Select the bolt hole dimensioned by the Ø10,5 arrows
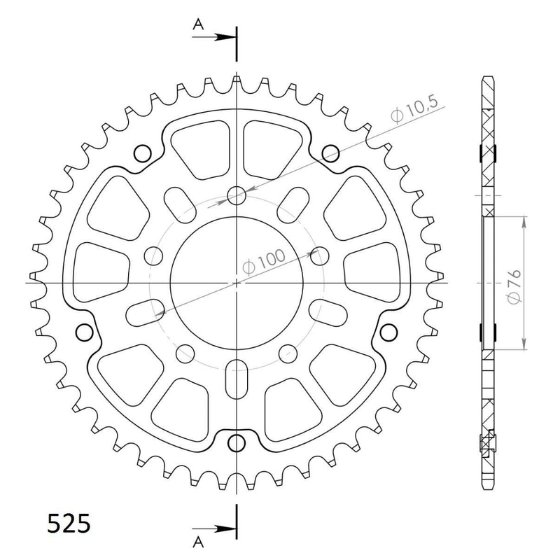[237, 195]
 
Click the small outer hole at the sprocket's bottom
[238, 442]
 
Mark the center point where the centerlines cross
[237, 283]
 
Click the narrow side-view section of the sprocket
[487, 280]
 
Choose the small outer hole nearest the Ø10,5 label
[329, 151]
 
